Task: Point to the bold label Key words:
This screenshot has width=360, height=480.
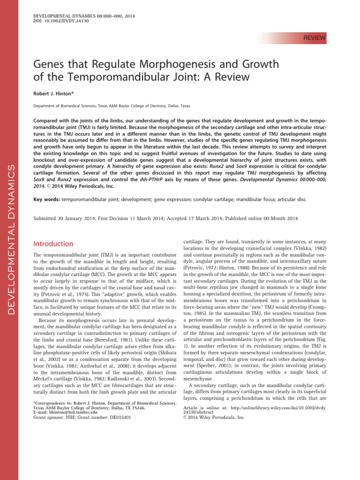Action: pyautogui.click(x=47, y=199)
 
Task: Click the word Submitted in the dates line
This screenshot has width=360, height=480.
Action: pyautogui.click(x=47, y=217)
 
